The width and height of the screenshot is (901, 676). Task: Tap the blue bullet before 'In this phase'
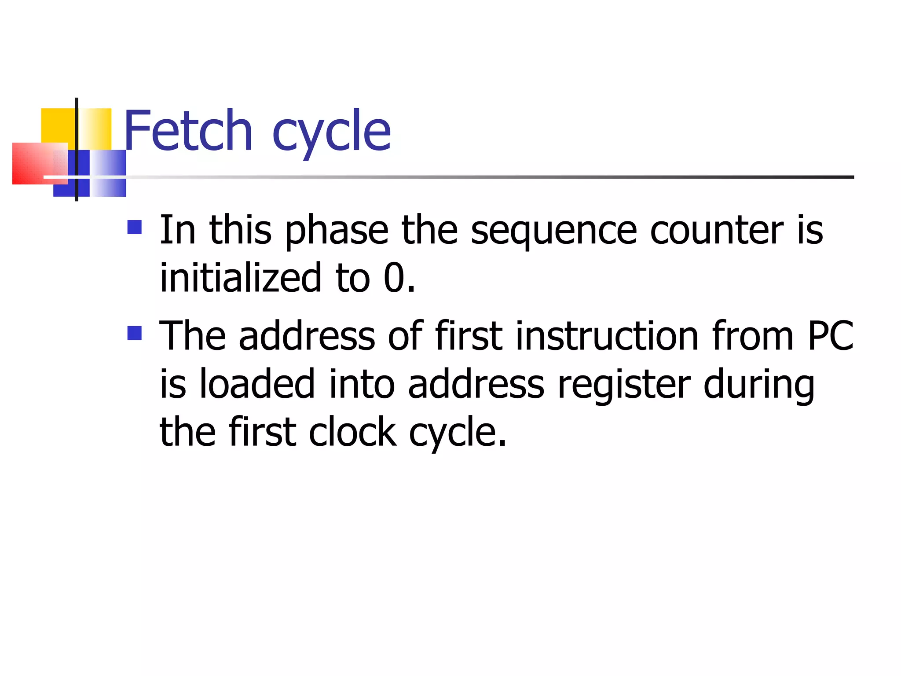tap(134, 227)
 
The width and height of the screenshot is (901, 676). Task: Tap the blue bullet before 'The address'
tap(134, 333)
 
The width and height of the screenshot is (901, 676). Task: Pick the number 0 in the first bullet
tap(394, 278)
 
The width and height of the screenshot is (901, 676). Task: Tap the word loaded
tap(257, 384)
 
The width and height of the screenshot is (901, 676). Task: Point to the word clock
tap(352, 432)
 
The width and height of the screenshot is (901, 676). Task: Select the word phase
tap(337, 231)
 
